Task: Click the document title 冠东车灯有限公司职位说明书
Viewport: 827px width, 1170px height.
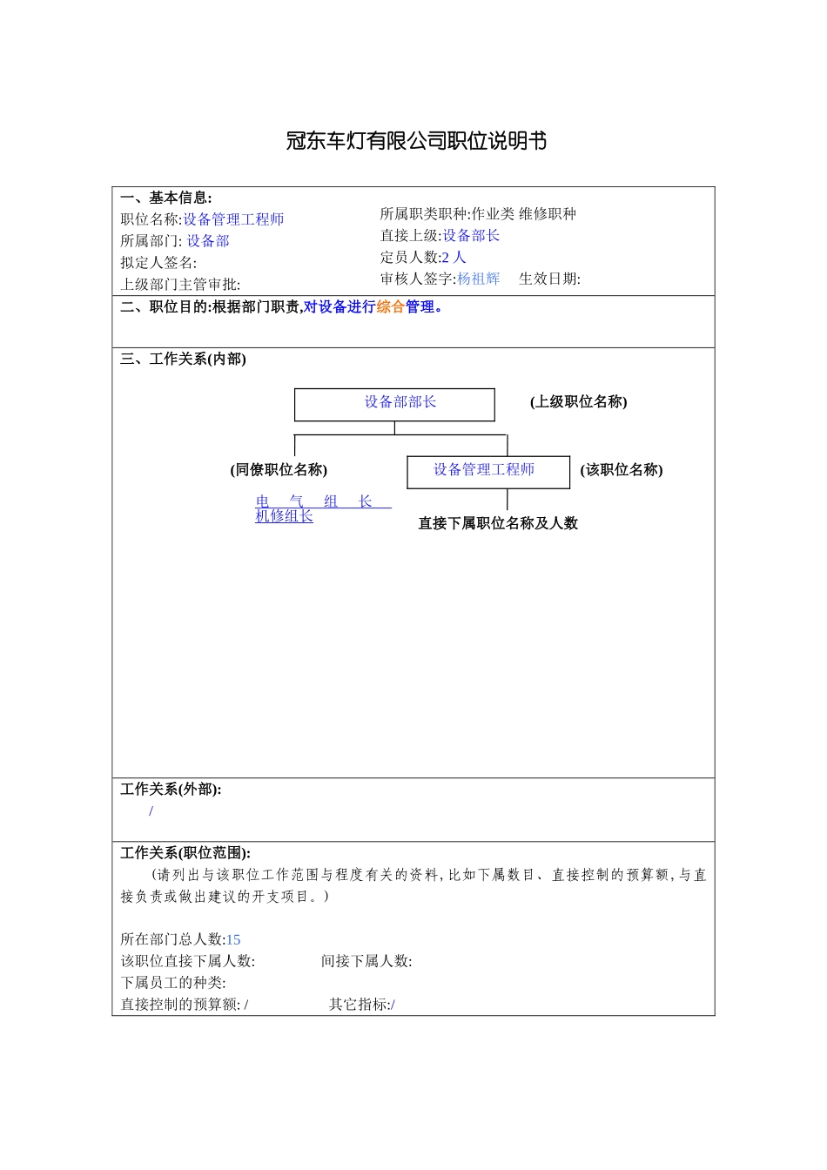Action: (416, 141)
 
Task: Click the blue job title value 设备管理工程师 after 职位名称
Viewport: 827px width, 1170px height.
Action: (233, 219)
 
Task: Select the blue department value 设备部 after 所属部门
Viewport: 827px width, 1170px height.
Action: (208, 241)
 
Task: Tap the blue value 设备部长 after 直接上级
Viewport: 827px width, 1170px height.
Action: (471, 236)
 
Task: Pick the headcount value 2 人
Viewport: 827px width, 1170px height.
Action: (454, 258)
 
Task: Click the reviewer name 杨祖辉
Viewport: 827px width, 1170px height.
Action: (479, 279)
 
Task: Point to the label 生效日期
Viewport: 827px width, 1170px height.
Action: (548, 279)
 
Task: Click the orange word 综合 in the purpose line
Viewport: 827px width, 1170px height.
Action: (391, 307)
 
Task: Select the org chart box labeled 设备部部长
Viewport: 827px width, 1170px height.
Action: (394, 405)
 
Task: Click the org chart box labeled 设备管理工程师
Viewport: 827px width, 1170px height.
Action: (487, 472)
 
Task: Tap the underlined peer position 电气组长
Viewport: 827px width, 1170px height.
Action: (322, 501)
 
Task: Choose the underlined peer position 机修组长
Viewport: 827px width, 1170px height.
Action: (284, 516)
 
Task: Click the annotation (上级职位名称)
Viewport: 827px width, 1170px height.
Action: (578, 402)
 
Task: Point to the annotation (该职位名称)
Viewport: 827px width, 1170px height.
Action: (622, 470)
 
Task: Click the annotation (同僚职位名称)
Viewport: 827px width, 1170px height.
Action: (279, 470)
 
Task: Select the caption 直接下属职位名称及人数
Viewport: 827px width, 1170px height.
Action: (498, 523)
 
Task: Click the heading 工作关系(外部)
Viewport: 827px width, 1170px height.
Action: (171, 790)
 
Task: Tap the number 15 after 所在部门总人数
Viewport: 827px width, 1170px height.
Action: (233, 940)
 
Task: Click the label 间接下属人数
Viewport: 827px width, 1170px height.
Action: (366, 962)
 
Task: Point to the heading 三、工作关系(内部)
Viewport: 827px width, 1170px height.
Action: (183, 360)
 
